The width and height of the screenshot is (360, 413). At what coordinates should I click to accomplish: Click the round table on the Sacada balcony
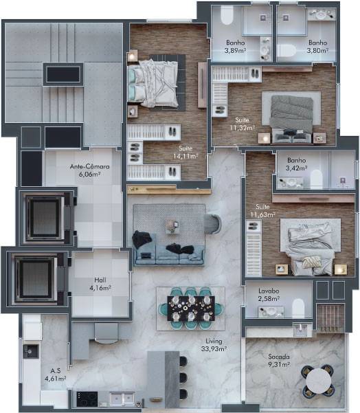(x=318, y=381)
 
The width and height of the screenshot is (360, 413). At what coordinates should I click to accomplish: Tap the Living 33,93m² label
(x=214, y=345)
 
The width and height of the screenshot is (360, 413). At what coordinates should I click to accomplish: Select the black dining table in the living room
(x=191, y=309)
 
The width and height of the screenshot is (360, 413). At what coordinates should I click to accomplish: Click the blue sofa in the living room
(x=169, y=254)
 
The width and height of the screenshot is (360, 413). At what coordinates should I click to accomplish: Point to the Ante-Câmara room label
(x=89, y=170)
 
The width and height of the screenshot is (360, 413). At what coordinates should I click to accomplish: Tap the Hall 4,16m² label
(x=100, y=284)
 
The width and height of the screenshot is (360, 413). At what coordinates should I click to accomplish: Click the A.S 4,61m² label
(x=55, y=375)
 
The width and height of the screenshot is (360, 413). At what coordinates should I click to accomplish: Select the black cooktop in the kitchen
(x=87, y=399)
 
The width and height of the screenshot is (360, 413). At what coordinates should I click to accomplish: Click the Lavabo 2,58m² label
(x=269, y=295)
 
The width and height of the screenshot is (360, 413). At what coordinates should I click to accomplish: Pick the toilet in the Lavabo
(x=298, y=309)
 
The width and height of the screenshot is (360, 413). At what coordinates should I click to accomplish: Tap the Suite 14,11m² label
(x=185, y=153)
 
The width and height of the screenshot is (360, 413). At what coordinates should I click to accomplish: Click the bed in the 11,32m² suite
(x=291, y=118)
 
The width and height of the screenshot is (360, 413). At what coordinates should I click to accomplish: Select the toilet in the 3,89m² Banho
(x=227, y=15)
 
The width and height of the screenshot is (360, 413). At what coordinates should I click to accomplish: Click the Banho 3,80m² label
(x=318, y=46)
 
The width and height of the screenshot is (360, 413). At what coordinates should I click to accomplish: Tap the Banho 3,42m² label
(x=297, y=164)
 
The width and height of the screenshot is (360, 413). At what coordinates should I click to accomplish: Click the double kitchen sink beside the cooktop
(x=122, y=399)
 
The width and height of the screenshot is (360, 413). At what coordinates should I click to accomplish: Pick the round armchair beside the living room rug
(x=213, y=224)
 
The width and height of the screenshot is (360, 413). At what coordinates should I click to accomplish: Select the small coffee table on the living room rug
(x=172, y=226)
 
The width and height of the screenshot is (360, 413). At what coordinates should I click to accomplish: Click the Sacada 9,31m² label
(x=279, y=361)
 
